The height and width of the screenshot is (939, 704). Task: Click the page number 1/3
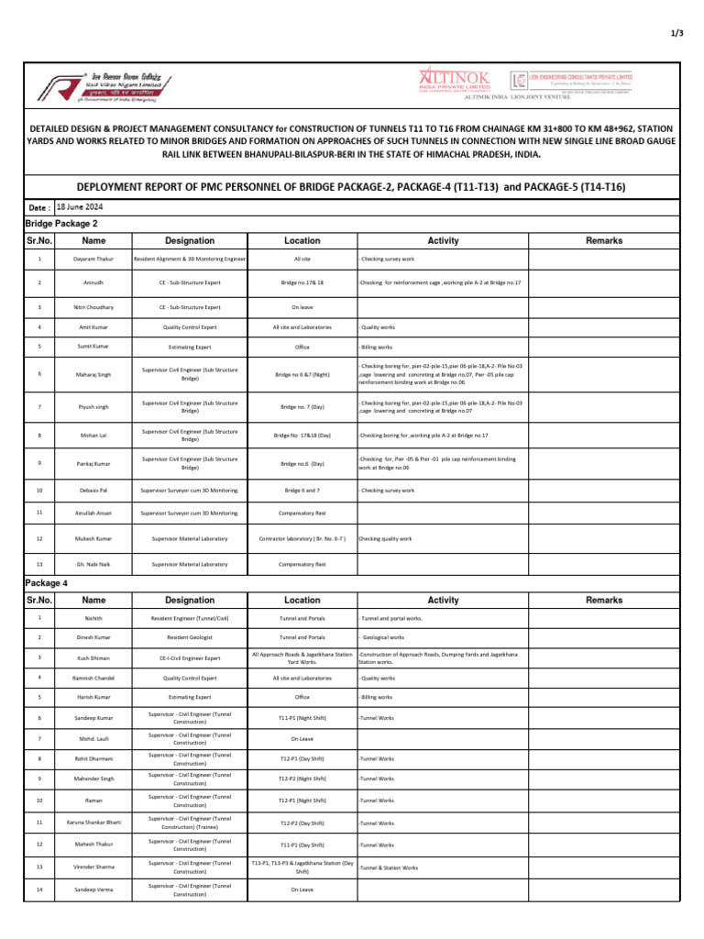tap(678, 33)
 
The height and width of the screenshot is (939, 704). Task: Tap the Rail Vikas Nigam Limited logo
tap(101, 88)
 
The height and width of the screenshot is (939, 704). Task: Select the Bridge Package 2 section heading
tap(61, 223)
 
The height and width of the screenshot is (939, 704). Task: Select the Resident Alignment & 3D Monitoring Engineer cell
tap(190, 260)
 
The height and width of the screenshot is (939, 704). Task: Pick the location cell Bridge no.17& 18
tap(302, 283)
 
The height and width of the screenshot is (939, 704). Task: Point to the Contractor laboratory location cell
tap(302, 538)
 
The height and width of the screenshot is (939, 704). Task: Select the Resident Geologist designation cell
tap(190, 636)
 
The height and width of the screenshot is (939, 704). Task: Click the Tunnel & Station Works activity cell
tap(389, 867)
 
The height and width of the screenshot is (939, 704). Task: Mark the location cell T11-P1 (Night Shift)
tap(302, 718)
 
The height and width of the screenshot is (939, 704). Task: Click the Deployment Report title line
tap(351, 187)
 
